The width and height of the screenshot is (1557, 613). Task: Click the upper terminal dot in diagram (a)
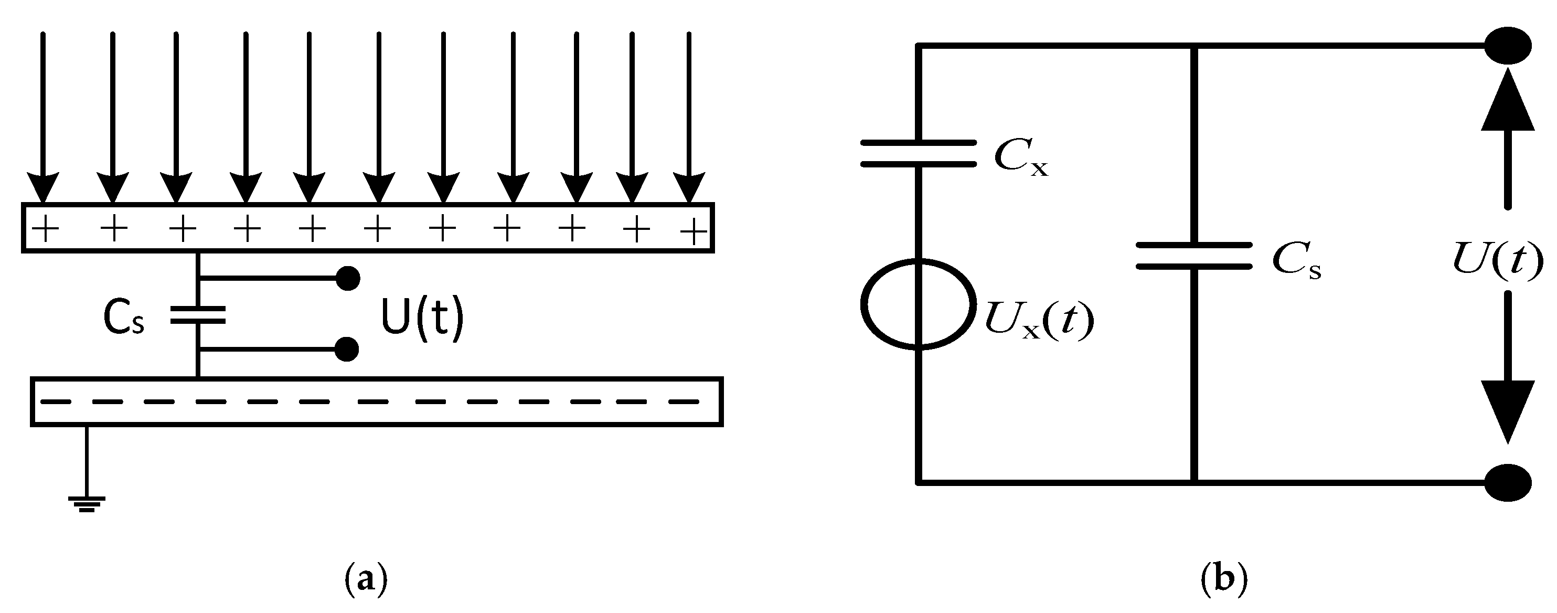pos(347,278)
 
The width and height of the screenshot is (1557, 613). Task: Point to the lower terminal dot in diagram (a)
pos(346,350)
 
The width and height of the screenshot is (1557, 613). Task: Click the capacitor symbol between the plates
pos(198,315)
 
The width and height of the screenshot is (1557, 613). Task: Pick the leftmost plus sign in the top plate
pos(45,230)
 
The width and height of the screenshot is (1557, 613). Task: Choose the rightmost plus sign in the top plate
pos(694,231)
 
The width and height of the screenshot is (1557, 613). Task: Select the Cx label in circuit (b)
pos(1021,158)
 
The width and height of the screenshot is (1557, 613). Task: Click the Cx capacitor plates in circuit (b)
pos(918,153)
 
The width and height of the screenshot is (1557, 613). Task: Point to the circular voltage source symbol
pos(918,304)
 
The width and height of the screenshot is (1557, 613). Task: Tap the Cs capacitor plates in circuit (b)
pos(1194,255)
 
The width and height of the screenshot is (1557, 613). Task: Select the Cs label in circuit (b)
pos(1296,262)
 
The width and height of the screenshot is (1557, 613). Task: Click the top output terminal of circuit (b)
pos(1508,45)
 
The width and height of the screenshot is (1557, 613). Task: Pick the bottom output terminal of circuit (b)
pos(1508,482)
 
